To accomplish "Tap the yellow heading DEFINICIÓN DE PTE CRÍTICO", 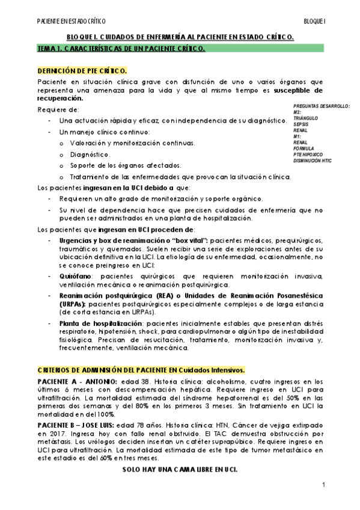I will coord(82,70).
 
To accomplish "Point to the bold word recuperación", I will coord(61,98).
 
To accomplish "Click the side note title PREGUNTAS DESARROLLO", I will coord(322,105).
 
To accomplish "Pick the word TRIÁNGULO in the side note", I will coord(307,118).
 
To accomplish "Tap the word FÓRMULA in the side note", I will coord(304,149).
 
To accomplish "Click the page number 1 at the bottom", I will coord(323,485).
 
